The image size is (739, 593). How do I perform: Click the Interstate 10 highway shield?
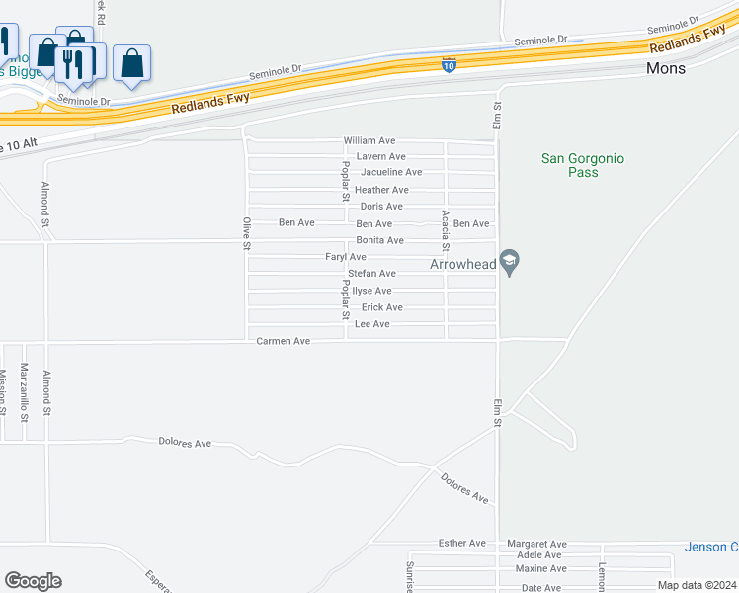pos(449,65)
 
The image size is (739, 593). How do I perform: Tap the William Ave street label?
pos(369,141)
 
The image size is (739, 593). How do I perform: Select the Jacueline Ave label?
pos(391,172)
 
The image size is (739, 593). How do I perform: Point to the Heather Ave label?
pos(381,190)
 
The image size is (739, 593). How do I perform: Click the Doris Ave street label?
pos(381,207)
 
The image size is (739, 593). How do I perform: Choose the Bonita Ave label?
pos(380,240)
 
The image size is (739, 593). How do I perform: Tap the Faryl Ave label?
pos(346,257)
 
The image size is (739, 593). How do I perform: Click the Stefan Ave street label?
pos(371,273)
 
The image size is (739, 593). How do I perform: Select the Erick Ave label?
pos(381,307)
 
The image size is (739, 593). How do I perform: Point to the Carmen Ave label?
pos(284,341)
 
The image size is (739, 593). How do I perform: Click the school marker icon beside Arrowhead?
pos(510,263)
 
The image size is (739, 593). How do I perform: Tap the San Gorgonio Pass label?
pos(584,165)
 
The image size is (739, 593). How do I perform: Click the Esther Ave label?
pos(463,544)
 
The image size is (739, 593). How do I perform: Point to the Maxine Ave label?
pos(541,568)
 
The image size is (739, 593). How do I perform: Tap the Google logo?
pos(33,581)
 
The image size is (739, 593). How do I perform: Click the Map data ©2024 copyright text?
pos(697,585)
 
